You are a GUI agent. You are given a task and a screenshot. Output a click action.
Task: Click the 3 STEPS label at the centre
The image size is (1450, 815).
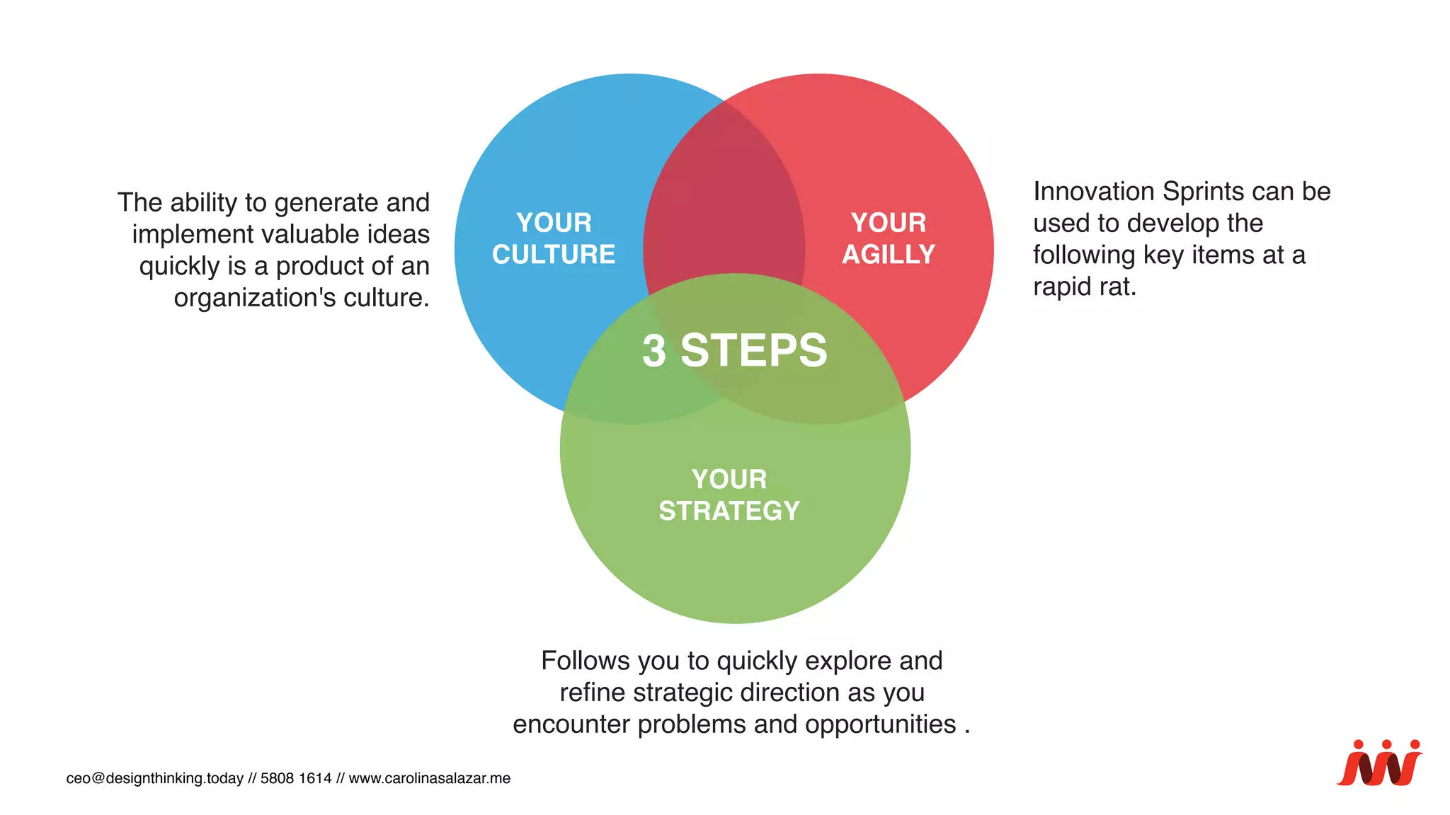pyautogui.click(x=734, y=350)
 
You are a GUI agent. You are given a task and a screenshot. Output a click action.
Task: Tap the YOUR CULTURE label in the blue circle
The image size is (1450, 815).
pyautogui.click(x=554, y=238)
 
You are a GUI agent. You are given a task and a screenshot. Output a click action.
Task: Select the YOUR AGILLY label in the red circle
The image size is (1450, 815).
pyautogui.click(x=889, y=238)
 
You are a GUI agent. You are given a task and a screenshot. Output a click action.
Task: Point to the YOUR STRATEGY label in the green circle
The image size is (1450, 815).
pyautogui.click(x=729, y=495)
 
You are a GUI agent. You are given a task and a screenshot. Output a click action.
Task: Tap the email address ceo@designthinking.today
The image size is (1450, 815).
pyautogui.click(x=154, y=778)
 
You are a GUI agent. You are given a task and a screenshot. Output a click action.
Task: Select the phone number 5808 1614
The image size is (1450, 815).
pyautogui.click(x=296, y=778)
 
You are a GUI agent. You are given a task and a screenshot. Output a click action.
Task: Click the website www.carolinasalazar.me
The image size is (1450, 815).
pyautogui.click(x=429, y=778)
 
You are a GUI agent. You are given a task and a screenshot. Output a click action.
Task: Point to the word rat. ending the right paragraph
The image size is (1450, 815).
pyautogui.click(x=1118, y=287)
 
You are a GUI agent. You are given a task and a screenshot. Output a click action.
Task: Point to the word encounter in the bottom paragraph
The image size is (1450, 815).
pyautogui.click(x=571, y=724)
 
